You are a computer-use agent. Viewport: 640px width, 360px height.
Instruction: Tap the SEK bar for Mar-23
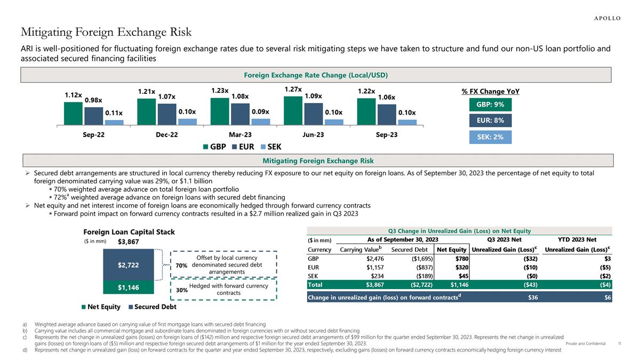coord(261,122)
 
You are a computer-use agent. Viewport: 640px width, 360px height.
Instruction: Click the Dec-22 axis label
coord(167,134)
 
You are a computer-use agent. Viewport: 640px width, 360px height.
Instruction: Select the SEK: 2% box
coord(490,137)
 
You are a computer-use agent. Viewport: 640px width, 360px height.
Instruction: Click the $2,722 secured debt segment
coord(129,265)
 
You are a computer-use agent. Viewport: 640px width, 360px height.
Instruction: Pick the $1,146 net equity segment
coord(129,287)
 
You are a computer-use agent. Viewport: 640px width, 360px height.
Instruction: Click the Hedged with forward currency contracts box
coord(223,290)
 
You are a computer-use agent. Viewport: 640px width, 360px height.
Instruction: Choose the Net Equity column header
coord(451,250)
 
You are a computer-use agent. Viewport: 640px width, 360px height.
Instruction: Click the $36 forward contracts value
coord(532,298)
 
